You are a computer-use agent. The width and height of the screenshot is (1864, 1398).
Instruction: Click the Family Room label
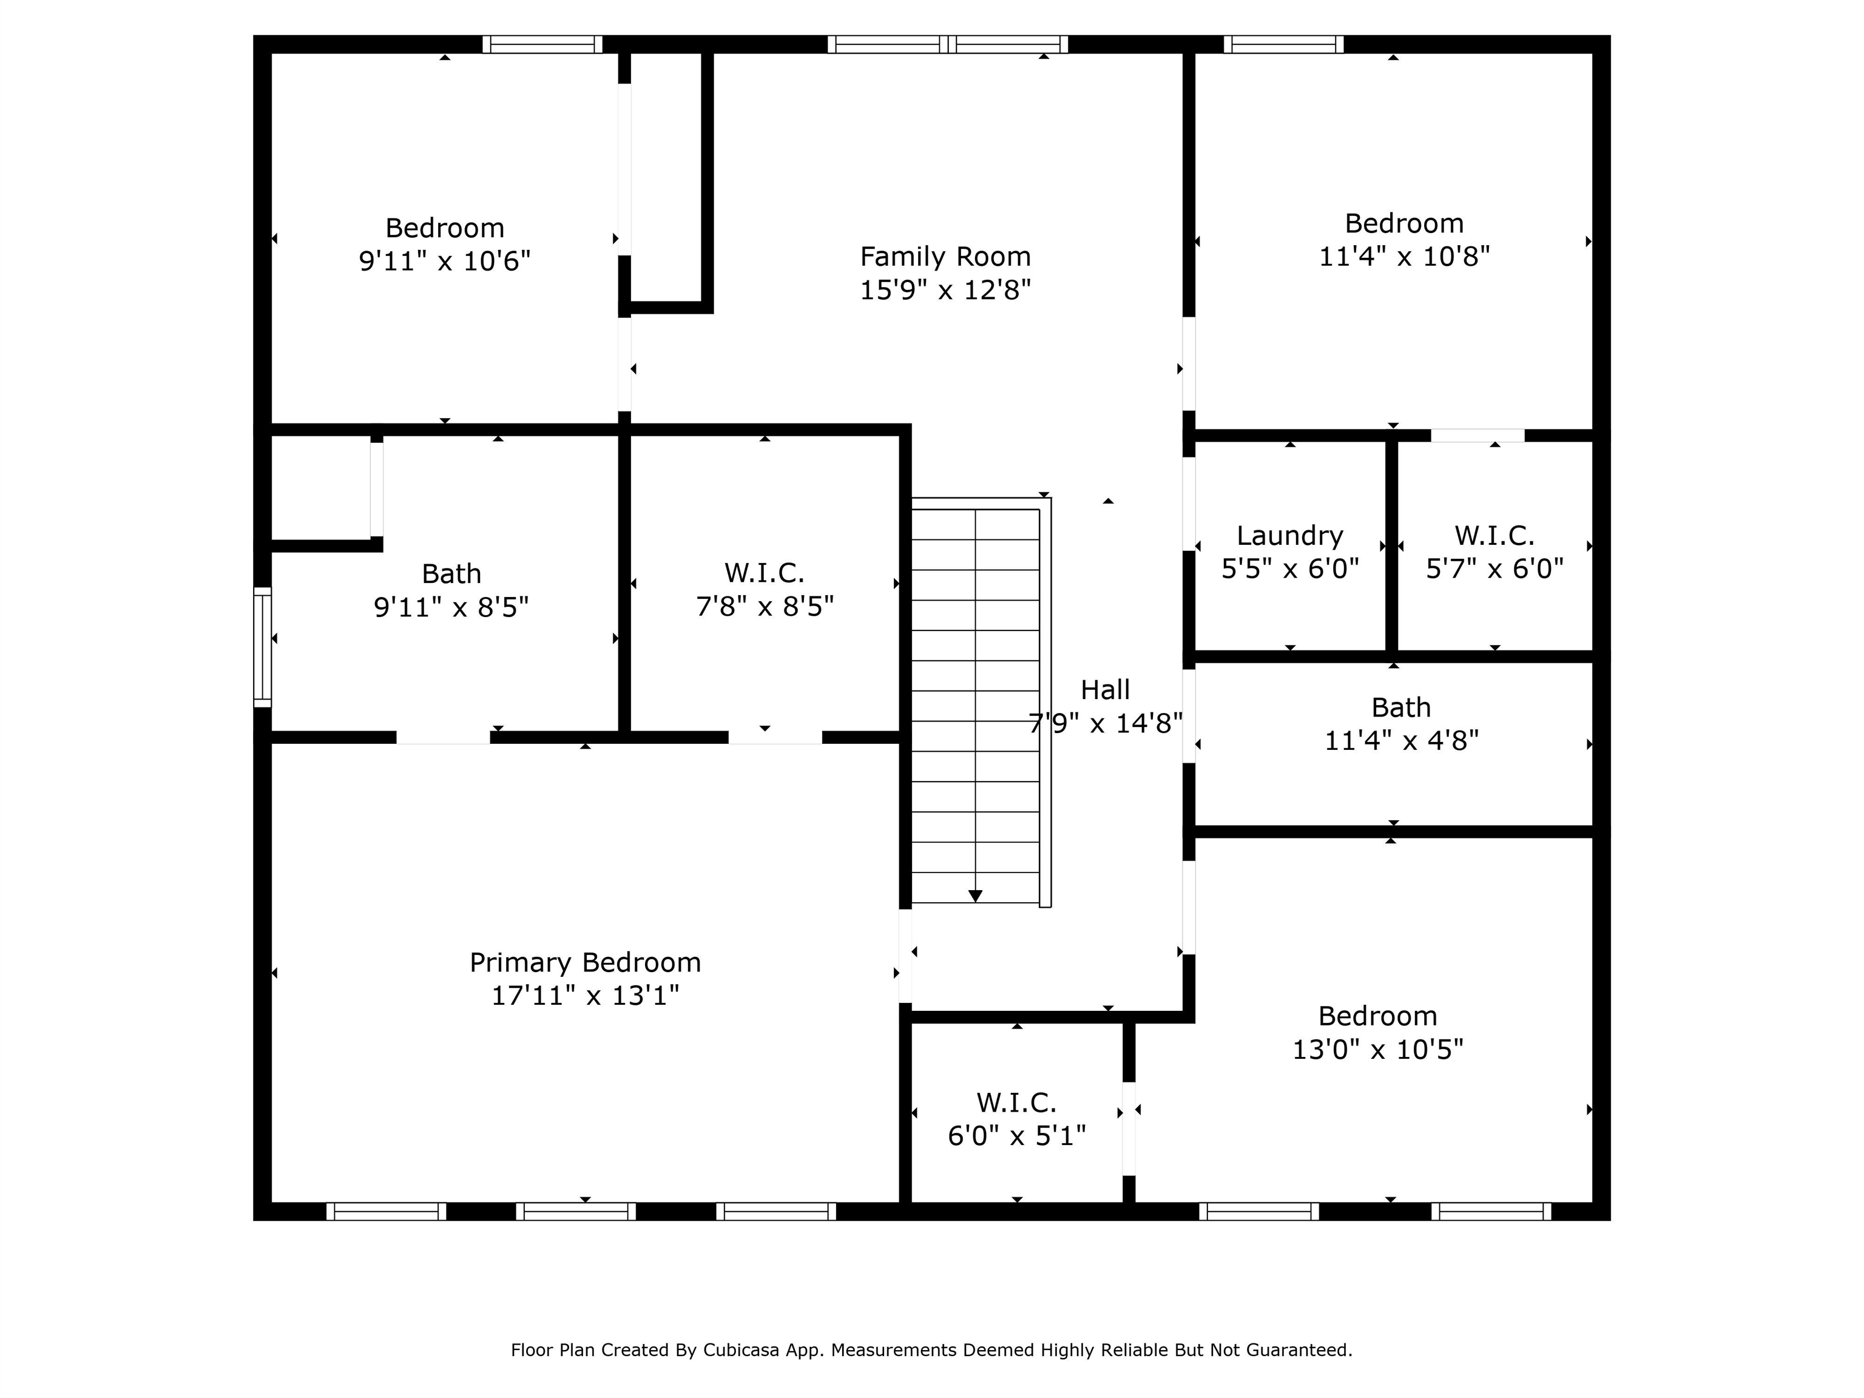pyautogui.click(x=945, y=256)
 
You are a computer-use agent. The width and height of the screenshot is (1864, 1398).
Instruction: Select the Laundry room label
pyautogui.click(x=1290, y=536)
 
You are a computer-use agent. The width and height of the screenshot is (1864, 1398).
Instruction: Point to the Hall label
pyautogui.click(x=1106, y=690)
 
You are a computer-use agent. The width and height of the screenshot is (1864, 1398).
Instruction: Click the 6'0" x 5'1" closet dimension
pyautogui.click(x=1017, y=1136)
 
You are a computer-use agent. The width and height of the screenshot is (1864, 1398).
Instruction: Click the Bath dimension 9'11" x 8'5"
pyautogui.click(x=451, y=607)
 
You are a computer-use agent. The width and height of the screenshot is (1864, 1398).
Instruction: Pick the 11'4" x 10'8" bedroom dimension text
pyautogui.click(x=1405, y=256)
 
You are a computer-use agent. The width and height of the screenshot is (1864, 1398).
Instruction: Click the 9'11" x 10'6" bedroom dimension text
pyautogui.click(x=445, y=262)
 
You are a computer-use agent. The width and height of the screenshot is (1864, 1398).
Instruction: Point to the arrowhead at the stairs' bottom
pyautogui.click(x=975, y=896)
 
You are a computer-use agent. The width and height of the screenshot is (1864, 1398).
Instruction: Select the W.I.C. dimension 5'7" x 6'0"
pyautogui.click(x=1495, y=569)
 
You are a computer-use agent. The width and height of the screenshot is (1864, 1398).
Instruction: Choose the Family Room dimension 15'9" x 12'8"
pyautogui.click(x=945, y=290)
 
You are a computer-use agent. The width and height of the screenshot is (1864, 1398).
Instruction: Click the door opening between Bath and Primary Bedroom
pyautogui.click(x=444, y=737)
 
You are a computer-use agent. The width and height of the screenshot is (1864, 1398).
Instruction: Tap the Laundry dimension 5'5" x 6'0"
pyautogui.click(x=1290, y=569)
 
